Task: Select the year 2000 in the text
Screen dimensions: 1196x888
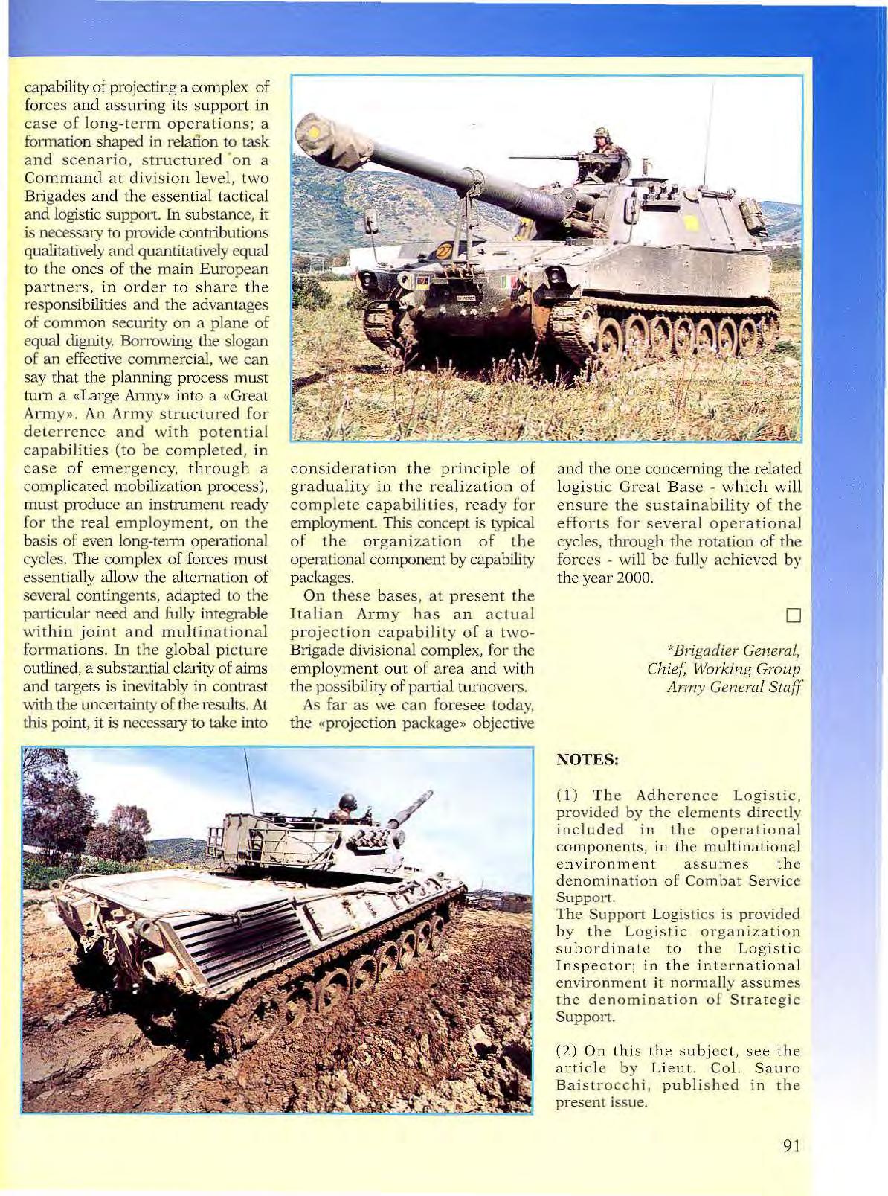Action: [635, 578]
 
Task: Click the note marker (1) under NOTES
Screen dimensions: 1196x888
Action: [570, 796]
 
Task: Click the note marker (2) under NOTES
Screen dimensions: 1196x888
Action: [570, 1051]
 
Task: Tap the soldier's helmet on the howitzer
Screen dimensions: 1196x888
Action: [600, 134]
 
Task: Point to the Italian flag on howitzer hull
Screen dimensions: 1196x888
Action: [509, 284]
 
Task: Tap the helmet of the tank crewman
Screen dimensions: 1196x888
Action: [347, 801]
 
